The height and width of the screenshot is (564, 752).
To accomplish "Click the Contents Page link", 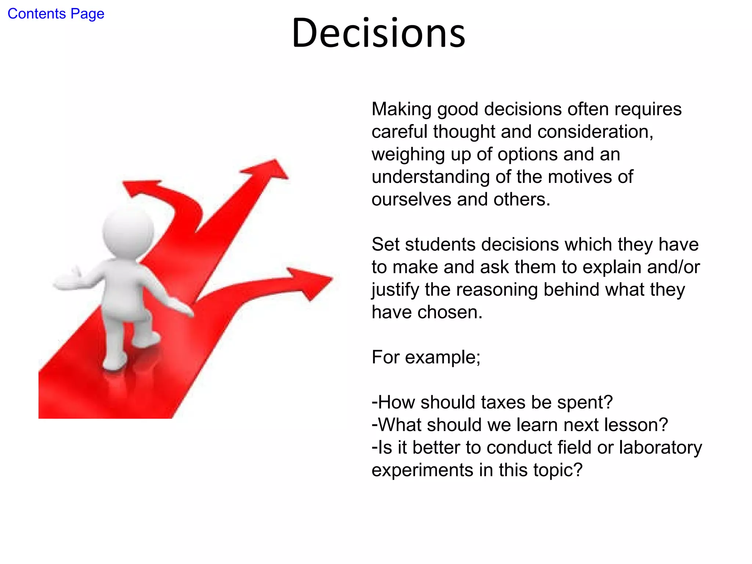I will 56,14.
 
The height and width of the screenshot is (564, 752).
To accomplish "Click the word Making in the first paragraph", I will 401,109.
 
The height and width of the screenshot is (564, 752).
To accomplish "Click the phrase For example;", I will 426,357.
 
